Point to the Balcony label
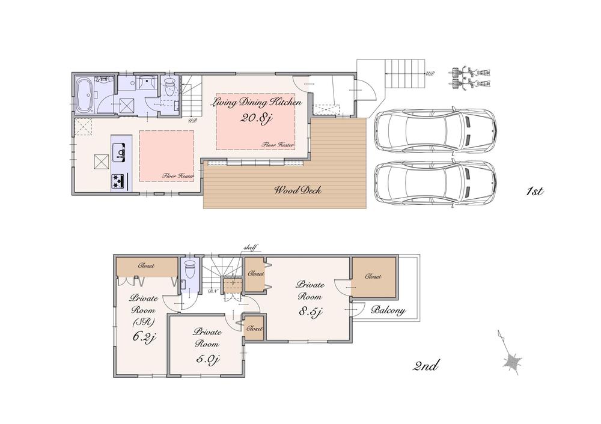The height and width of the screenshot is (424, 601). (388, 311)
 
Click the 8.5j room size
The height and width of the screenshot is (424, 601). (311, 312)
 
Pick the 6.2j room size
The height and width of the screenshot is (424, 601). (144, 338)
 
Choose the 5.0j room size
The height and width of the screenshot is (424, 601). (207, 359)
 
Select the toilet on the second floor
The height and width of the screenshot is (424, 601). (190, 268)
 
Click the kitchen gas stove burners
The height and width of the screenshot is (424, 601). (117, 181)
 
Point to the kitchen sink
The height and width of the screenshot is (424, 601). (120, 152)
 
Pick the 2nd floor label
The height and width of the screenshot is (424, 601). (427, 365)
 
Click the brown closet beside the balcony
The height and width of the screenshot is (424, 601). (373, 277)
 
